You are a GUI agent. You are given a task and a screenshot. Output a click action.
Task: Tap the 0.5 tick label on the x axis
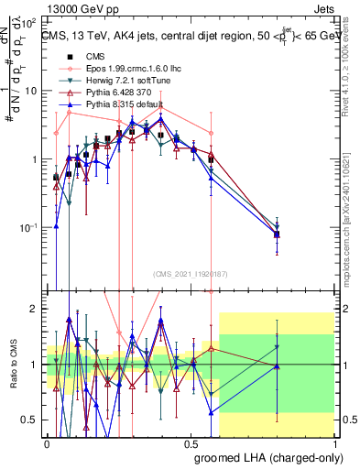pos(190,442)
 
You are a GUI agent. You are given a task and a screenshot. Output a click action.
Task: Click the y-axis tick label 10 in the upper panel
pos(33,91)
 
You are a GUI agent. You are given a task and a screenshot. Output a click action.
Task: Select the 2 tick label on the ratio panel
pos(38,309)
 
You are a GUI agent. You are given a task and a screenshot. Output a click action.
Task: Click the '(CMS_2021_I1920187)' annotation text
pos(190,273)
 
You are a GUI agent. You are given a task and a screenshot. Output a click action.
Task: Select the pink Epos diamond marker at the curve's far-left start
pos(57,133)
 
